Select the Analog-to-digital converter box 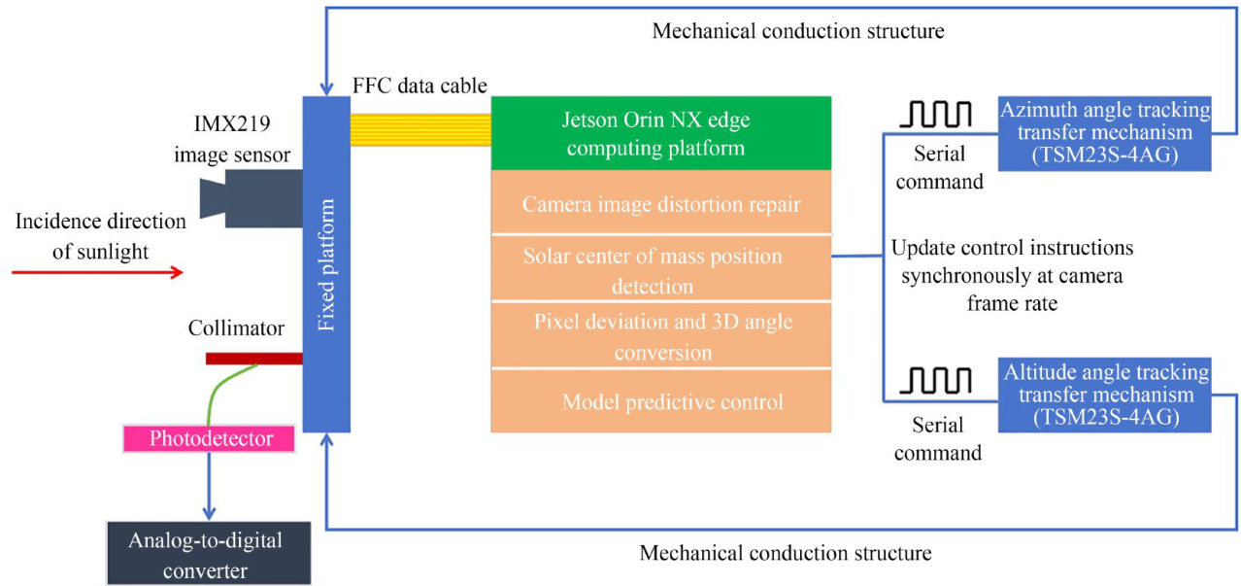click(x=209, y=554)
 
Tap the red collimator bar click(x=253, y=359)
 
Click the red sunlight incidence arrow click(x=97, y=272)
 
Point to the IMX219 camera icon click(x=251, y=198)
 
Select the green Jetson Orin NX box click(x=661, y=133)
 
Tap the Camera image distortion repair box click(x=661, y=204)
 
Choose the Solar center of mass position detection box click(x=661, y=269)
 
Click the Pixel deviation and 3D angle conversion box click(x=661, y=335)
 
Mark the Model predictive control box click(x=661, y=400)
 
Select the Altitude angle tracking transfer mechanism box click(x=1106, y=395)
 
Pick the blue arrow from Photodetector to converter click(x=207, y=486)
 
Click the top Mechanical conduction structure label click(x=798, y=31)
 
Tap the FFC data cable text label click(x=419, y=86)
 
